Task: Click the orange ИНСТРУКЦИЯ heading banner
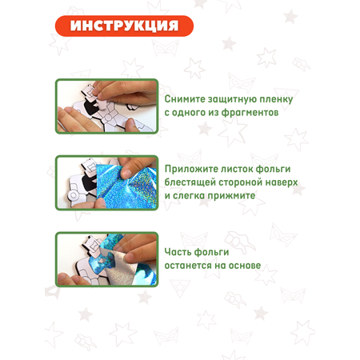click(x=124, y=26)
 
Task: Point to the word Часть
click(x=178, y=252)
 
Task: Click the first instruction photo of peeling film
click(x=106, y=106)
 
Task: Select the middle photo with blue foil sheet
click(x=106, y=182)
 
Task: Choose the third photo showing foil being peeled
click(x=106, y=259)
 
